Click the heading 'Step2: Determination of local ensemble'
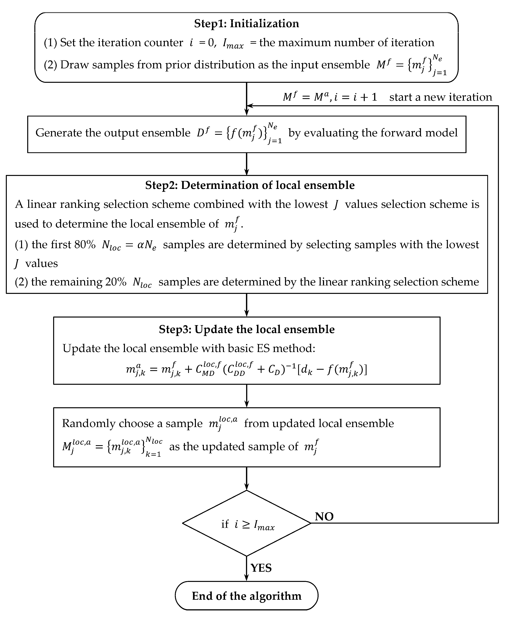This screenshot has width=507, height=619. point(250,185)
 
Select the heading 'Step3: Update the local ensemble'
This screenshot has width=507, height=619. point(246,329)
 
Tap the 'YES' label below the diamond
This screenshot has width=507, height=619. point(261,568)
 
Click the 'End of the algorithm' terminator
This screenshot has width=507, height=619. point(246,596)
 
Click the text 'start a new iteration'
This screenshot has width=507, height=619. point(440,97)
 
